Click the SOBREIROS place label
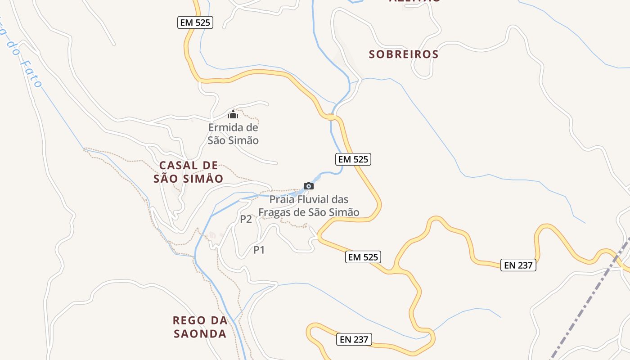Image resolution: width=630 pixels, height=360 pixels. [404, 54]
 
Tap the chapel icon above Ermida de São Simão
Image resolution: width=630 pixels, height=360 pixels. [233, 114]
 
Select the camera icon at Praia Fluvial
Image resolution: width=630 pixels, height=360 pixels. [308, 186]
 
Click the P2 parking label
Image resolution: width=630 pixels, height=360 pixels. [246, 219]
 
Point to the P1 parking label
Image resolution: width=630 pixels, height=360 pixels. [259, 250]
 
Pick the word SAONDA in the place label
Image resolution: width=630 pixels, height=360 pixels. [200, 334]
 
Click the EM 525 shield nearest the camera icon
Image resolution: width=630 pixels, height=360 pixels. [353, 159]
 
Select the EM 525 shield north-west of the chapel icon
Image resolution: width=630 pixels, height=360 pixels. [195, 22]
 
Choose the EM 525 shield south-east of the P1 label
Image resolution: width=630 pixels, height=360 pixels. [363, 257]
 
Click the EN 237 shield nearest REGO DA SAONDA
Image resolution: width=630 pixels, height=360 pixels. [354, 339]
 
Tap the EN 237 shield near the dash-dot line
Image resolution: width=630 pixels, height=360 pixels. [518, 265]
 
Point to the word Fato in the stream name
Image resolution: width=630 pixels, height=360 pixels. [31, 74]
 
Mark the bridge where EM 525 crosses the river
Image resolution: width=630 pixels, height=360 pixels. [332, 117]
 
